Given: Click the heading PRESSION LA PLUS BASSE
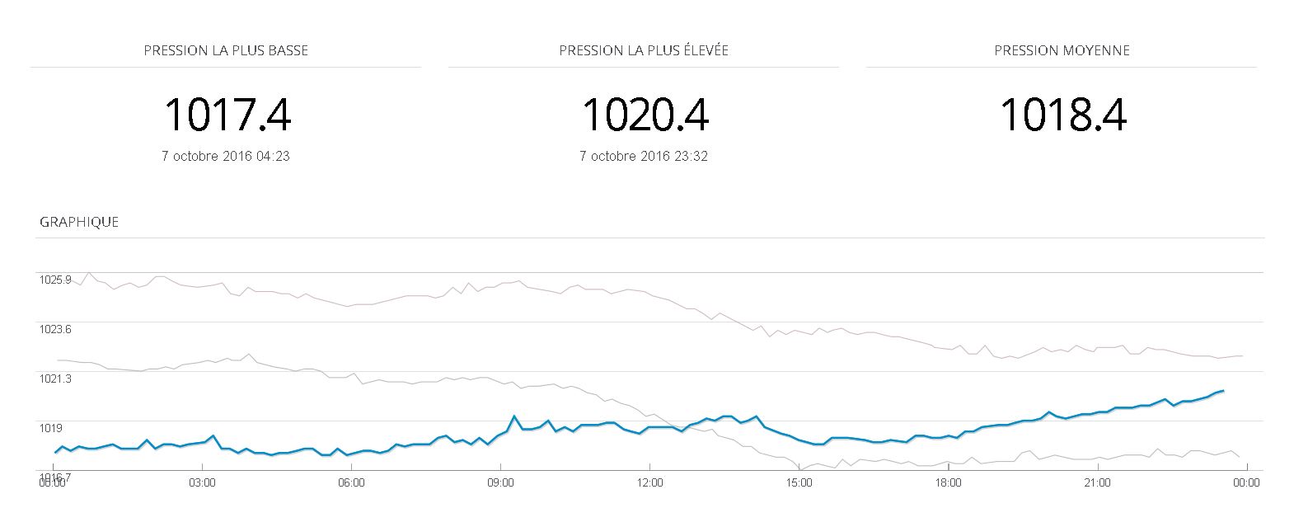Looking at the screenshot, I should pyautogui.click(x=226, y=50).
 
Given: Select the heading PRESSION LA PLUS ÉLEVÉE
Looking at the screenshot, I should pyautogui.click(x=644, y=50).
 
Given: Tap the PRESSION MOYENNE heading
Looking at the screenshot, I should pyautogui.click(x=1062, y=50).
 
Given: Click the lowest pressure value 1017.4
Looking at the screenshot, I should pyautogui.click(x=227, y=115).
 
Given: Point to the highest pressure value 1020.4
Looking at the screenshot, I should pyautogui.click(x=645, y=115).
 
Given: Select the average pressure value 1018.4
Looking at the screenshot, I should pyautogui.click(x=1063, y=115).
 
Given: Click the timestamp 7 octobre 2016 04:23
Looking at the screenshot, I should pyautogui.click(x=226, y=156).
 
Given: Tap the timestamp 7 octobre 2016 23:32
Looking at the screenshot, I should pyautogui.click(x=644, y=156).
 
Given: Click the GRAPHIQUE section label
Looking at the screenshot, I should pyautogui.click(x=79, y=222).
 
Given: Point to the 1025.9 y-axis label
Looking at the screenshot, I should pyautogui.click(x=55, y=280).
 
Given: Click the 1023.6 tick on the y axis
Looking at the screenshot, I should pyautogui.click(x=55, y=329).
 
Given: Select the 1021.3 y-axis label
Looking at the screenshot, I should pyautogui.click(x=55, y=379).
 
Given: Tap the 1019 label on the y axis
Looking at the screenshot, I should pyautogui.click(x=50, y=428).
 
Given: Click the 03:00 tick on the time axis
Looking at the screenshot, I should pyautogui.click(x=202, y=483).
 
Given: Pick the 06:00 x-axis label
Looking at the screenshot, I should pyautogui.click(x=351, y=483).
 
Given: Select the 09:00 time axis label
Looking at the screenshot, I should pyautogui.click(x=500, y=483).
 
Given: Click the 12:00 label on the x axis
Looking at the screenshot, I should pyautogui.click(x=649, y=483).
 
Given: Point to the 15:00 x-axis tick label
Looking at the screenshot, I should pyautogui.click(x=799, y=483).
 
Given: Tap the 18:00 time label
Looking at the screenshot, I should pyautogui.click(x=948, y=483).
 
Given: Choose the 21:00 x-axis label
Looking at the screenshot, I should pyautogui.click(x=1097, y=483).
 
